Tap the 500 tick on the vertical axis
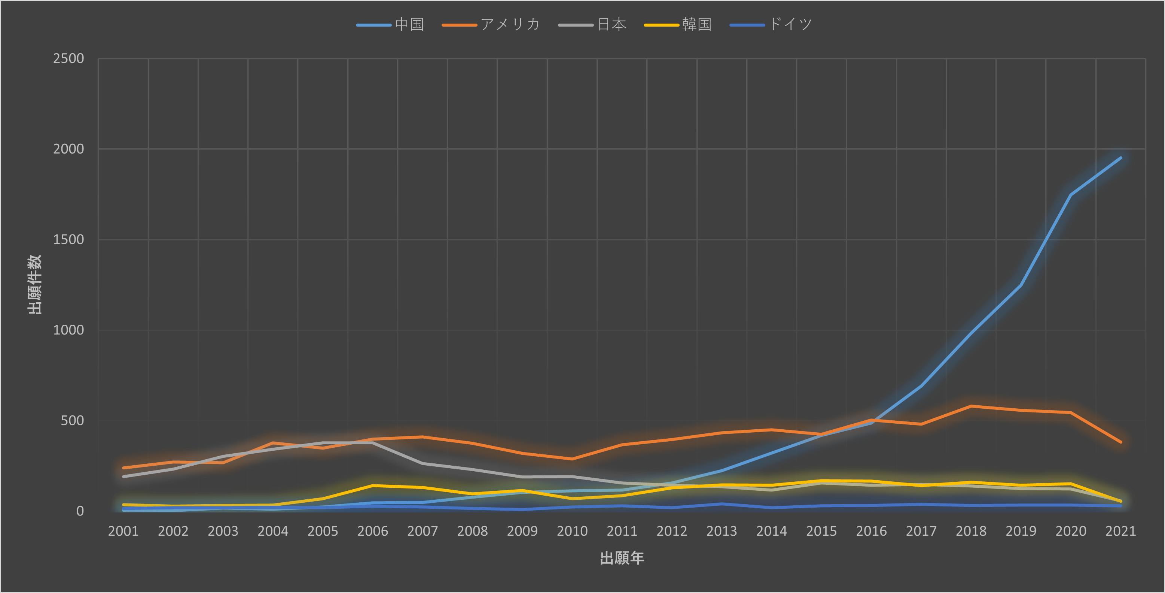click(x=72, y=421)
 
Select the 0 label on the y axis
click(x=80, y=511)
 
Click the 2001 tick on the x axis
click(x=123, y=531)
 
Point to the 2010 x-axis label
click(x=572, y=531)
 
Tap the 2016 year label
click(x=871, y=531)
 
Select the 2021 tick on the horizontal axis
click(x=1120, y=531)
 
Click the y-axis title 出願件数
click(x=35, y=284)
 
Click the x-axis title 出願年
click(x=622, y=558)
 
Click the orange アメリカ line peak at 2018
click(x=971, y=406)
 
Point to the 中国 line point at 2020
click(x=1070, y=195)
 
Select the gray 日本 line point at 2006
click(x=373, y=443)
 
